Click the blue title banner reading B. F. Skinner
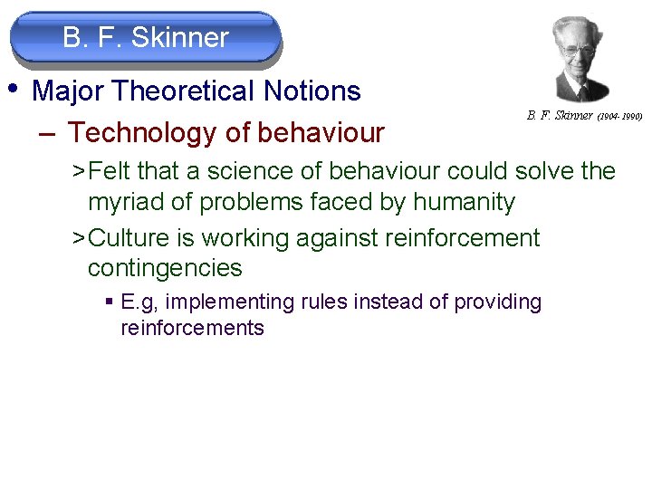coord(146,38)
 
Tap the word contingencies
coord(165,268)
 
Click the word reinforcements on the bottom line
coord(192,328)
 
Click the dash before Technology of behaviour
coord(48,133)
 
